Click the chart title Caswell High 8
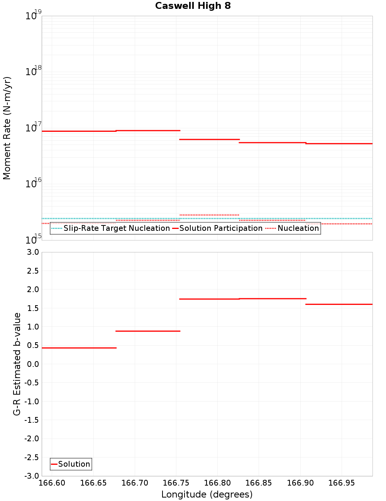193,6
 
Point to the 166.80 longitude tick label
217,483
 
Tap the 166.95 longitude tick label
342,483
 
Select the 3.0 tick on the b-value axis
31,252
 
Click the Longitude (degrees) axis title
207,494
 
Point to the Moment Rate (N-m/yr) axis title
7,128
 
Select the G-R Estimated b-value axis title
17,364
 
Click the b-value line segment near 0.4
79,348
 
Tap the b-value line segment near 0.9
148,331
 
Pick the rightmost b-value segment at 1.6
339,304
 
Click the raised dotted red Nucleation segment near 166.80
209,215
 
